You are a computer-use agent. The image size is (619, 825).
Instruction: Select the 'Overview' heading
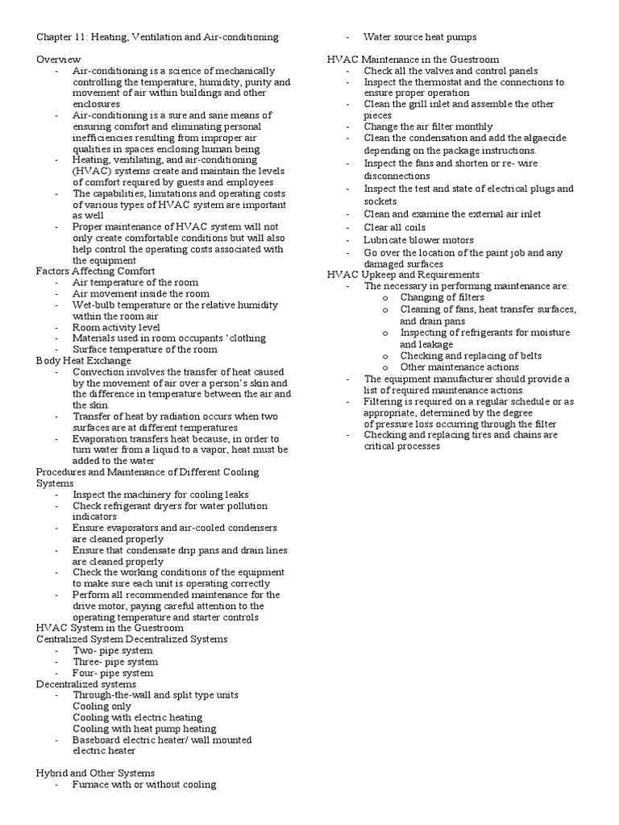59,60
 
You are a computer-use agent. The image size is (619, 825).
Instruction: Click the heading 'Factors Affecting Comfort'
96,272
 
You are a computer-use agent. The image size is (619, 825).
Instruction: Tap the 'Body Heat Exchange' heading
84,361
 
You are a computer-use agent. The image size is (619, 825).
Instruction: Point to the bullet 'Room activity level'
116,327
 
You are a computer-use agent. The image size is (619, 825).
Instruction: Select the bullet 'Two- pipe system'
112,650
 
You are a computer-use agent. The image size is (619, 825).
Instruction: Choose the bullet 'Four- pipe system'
113,673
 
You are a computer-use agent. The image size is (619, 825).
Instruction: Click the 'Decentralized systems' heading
86,684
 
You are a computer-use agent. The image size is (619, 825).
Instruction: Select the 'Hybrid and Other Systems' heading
95,773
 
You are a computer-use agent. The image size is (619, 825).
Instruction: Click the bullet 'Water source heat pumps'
419,37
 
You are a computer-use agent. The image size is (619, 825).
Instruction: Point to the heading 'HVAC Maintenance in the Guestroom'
413,60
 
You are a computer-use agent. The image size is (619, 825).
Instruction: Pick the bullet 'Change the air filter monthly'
428,126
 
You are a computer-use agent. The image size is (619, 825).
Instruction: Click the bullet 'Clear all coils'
395,228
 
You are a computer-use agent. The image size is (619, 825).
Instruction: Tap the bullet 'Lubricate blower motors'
418,240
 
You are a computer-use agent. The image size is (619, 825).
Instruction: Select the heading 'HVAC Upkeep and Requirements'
403,274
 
